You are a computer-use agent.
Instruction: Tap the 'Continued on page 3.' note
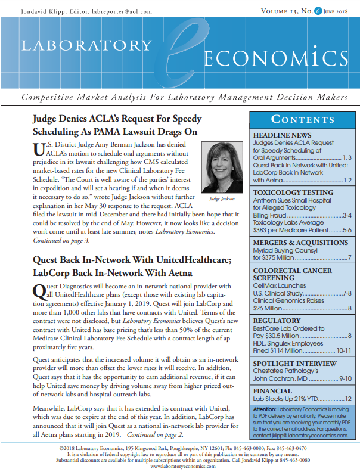pos(60,241)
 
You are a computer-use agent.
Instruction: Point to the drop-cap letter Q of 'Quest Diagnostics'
pos(37,290)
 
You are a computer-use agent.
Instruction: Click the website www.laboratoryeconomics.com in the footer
pos(179,466)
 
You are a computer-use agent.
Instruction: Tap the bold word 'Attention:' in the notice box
pos(266,408)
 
